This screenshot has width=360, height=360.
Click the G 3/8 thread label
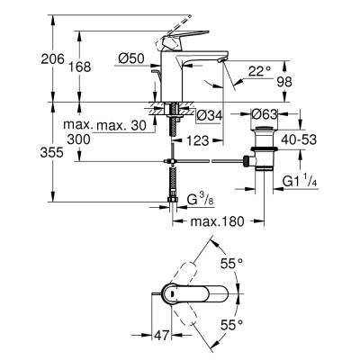click(x=192, y=198)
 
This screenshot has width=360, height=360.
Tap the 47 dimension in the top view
click(x=159, y=335)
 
